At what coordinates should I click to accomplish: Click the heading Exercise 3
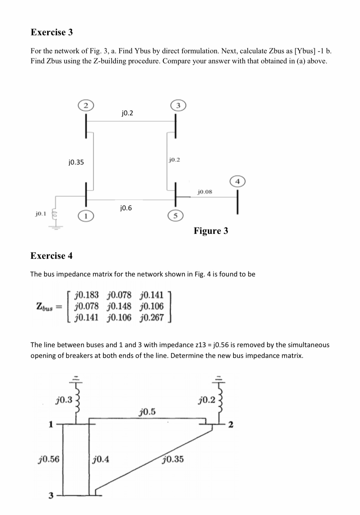pos(52,32)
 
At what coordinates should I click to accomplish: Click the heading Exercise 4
pos(52,256)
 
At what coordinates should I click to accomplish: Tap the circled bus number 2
pos(86,105)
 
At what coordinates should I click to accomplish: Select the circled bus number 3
pos(178,105)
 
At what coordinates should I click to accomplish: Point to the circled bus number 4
pos(238,181)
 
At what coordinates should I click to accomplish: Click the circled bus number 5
pos(176,215)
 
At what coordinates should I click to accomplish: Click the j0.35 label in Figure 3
pos(76,162)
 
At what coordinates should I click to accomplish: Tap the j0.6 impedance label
pos(126,208)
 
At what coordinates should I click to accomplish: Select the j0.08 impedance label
pos(205,191)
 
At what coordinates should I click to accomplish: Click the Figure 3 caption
pos(211,231)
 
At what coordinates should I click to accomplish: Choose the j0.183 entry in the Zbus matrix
pos(87,295)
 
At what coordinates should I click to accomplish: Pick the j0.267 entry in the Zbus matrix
pos(152,317)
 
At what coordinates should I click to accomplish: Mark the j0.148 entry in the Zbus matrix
pos(119,306)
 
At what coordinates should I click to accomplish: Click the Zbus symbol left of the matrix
pos(45,306)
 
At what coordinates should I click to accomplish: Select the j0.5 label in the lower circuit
pos(147,412)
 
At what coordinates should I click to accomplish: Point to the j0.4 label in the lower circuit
pos(101,460)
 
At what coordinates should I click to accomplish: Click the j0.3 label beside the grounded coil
pos(64,400)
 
